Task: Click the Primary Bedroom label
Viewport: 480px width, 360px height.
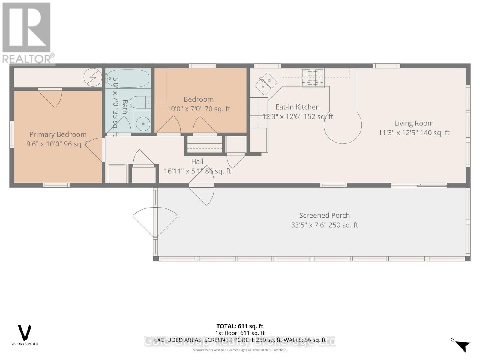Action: (x=58, y=134)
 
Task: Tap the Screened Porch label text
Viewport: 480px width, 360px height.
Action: (x=324, y=215)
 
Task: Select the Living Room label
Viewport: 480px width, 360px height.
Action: (x=414, y=123)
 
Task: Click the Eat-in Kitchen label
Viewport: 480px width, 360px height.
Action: (x=298, y=107)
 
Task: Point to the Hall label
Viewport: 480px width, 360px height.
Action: (x=197, y=161)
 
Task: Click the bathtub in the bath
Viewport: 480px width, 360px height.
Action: (x=128, y=78)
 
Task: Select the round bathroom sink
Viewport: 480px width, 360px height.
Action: (x=142, y=123)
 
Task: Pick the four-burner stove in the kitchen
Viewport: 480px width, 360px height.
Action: (x=313, y=78)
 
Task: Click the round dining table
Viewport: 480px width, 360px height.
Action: (x=343, y=125)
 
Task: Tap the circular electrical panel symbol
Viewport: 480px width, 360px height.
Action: (x=93, y=77)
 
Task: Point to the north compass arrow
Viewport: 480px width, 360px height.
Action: (x=463, y=345)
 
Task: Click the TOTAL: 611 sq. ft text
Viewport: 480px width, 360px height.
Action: (x=240, y=326)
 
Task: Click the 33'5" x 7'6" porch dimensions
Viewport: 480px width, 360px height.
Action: (x=324, y=225)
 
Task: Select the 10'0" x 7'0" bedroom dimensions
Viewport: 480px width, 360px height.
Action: (x=198, y=109)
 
